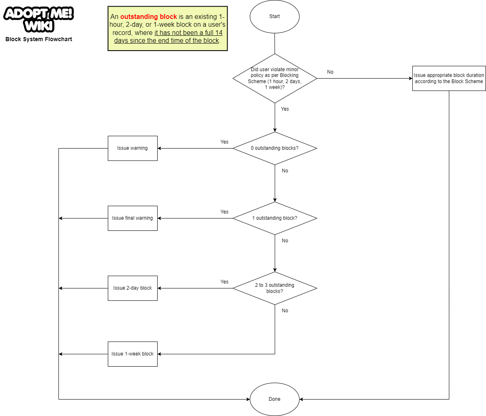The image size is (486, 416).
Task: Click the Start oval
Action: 274,16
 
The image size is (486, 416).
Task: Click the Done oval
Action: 274,399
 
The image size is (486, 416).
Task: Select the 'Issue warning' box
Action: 133,148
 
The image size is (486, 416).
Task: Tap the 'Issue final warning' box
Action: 133,218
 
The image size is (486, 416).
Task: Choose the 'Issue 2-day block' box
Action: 133,288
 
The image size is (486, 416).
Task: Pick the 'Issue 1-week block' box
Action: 133,354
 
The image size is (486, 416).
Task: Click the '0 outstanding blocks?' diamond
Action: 274,148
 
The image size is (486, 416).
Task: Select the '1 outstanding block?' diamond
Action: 274,218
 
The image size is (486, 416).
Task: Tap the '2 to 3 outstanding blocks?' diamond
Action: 274,288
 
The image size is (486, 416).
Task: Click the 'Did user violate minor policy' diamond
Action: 274,78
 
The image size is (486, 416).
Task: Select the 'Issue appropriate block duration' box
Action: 449,78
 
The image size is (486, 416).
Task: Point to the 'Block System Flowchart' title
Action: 39,40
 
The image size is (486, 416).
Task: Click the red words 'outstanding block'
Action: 149,17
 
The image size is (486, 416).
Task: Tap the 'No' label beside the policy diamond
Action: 330,72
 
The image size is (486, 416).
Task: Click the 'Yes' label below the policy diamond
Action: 285,109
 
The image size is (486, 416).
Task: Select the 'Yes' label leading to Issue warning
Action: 224,142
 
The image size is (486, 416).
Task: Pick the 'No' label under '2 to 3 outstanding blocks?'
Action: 285,311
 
